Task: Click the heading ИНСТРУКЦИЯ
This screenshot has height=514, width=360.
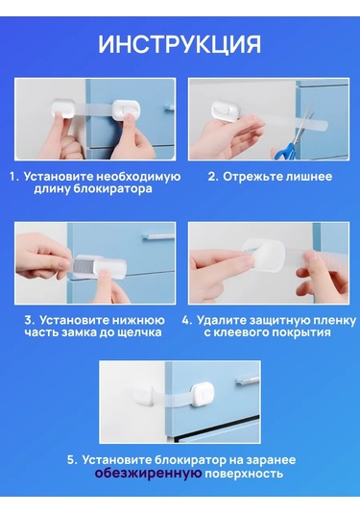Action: pyautogui.click(x=180, y=44)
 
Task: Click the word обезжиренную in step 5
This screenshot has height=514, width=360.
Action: pyautogui.click(x=149, y=474)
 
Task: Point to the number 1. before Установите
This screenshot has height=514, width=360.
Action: pyautogui.click(x=14, y=177)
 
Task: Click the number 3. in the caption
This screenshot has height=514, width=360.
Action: pyautogui.click(x=30, y=320)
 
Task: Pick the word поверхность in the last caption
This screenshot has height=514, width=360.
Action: pyautogui.click(x=244, y=474)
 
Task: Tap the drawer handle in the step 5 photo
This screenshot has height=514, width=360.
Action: pyautogui.click(x=247, y=380)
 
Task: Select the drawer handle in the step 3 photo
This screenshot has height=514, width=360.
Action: pyautogui.click(x=158, y=235)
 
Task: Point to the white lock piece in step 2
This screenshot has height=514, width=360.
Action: pyautogui.click(x=227, y=110)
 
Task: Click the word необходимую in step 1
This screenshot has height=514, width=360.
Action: pyautogui.click(x=138, y=177)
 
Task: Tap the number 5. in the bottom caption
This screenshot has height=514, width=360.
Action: pyautogui.click(x=73, y=460)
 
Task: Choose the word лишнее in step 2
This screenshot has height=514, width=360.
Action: pyautogui.click(x=309, y=177)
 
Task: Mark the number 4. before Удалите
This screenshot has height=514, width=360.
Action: pyautogui.click(x=187, y=320)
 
